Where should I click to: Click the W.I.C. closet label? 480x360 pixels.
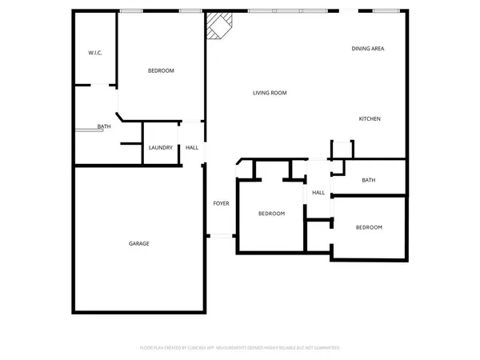pyautogui.click(x=94, y=53)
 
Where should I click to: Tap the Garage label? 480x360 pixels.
pyautogui.click(x=139, y=243)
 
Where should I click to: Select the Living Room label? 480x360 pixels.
pyautogui.click(x=270, y=93)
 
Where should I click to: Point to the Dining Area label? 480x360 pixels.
pyautogui.click(x=368, y=49)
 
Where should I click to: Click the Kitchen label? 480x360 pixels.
pyautogui.click(x=369, y=119)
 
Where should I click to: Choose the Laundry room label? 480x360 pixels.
pyautogui.click(x=161, y=148)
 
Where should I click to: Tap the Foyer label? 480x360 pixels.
pyautogui.click(x=221, y=203)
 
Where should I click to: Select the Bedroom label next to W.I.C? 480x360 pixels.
pyautogui.click(x=161, y=71)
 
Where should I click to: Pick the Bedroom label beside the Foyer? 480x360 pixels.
pyautogui.click(x=271, y=214)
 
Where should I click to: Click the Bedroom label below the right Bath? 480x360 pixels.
pyautogui.click(x=369, y=227)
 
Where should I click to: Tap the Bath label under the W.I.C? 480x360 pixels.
pyautogui.click(x=104, y=126)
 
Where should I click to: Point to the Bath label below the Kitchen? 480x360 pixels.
pyautogui.click(x=368, y=180)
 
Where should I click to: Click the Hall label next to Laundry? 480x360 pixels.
pyautogui.click(x=192, y=148)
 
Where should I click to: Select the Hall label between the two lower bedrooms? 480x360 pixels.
pyautogui.click(x=318, y=193)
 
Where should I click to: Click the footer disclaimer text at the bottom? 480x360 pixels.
pyautogui.click(x=239, y=348)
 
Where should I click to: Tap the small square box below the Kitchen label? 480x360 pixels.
pyautogui.click(x=342, y=149)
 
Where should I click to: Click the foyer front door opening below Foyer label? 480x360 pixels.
pyautogui.click(x=220, y=235)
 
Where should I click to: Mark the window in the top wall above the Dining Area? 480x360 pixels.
pyautogui.click(x=386, y=10)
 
